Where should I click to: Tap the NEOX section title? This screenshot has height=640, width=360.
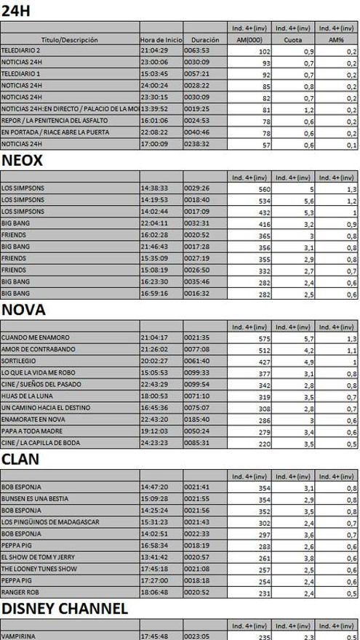22,160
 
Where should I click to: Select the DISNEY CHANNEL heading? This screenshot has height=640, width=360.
64,608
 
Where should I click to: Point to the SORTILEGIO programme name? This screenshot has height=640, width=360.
19,361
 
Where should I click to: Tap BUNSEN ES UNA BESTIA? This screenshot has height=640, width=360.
35,500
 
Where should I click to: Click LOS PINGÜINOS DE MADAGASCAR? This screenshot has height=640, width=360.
49,522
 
